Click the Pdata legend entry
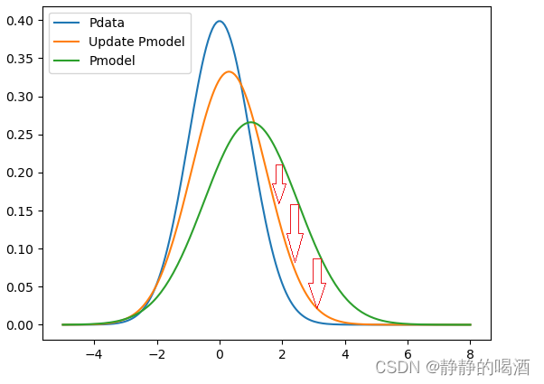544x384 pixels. [107, 23]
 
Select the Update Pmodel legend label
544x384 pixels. [136, 42]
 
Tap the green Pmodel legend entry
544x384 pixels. [112, 60]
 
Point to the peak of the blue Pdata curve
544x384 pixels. [220, 21]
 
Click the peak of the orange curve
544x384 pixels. [230, 71]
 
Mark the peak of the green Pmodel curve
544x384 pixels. [250, 122]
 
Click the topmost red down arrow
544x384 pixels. [279, 183]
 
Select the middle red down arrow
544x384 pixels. [295, 232]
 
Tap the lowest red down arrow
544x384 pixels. [316, 283]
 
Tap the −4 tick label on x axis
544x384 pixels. [93, 355]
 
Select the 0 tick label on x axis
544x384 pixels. [220, 355]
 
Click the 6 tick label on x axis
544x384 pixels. [408, 355]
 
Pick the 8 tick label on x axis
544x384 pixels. [470, 355]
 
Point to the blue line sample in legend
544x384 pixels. [68, 23]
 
